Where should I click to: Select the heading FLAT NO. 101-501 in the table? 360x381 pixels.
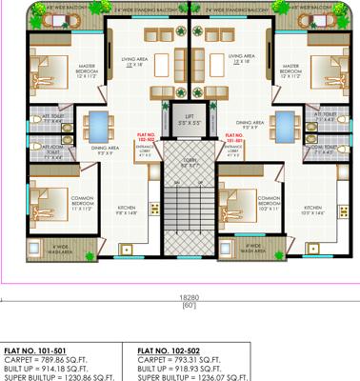(x=39, y=350)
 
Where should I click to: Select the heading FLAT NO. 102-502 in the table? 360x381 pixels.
(x=175, y=350)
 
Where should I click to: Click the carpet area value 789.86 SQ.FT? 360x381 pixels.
(x=67, y=359)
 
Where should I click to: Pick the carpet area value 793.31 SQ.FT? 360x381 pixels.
(x=202, y=359)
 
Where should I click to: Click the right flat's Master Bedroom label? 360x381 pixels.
(x=290, y=70)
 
